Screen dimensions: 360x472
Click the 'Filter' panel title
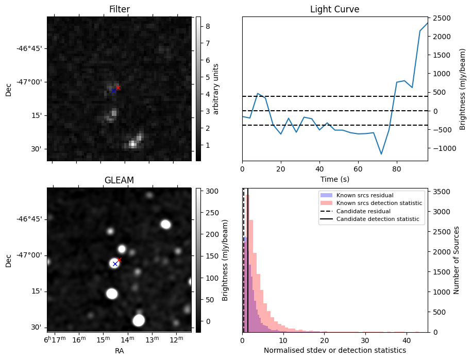119,9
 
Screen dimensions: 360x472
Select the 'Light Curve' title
334,9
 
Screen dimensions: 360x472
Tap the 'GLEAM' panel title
119,180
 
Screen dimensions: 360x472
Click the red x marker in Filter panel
118,88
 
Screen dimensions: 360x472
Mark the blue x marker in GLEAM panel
115,264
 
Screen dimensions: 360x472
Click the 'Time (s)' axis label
334,178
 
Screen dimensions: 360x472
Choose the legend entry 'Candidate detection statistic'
377,219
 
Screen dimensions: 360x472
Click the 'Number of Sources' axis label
456,260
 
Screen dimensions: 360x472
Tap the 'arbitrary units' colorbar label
216,89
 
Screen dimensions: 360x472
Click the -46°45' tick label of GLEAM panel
31,219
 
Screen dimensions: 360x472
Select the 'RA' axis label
119,351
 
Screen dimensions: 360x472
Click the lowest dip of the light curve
381,154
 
